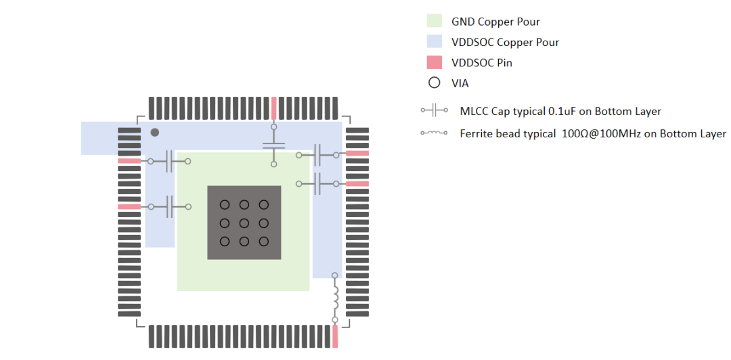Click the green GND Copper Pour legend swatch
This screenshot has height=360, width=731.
click(x=435, y=21)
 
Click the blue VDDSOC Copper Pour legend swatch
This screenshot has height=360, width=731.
click(x=435, y=42)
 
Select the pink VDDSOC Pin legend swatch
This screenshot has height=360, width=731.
click(x=435, y=63)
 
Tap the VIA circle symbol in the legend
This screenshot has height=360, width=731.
click(x=435, y=83)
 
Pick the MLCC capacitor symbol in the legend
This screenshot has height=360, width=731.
click(x=434, y=110)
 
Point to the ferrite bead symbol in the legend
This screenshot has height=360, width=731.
click(x=434, y=133)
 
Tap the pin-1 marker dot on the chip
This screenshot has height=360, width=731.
click(x=155, y=133)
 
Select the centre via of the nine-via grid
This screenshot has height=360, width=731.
click(x=244, y=223)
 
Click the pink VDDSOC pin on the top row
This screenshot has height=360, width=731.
click(x=273, y=108)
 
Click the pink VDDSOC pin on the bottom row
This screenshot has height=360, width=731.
click(x=335, y=336)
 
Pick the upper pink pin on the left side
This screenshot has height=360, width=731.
click(x=129, y=161)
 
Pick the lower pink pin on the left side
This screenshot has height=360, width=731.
click(x=129, y=206)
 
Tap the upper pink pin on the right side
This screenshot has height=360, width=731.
click(x=357, y=154)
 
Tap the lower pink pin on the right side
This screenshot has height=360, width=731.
click(x=357, y=183)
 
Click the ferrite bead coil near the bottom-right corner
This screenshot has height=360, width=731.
click(x=335, y=297)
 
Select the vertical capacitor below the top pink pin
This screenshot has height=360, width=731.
click(x=273, y=145)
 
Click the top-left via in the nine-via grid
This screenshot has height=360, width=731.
click(x=225, y=204)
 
